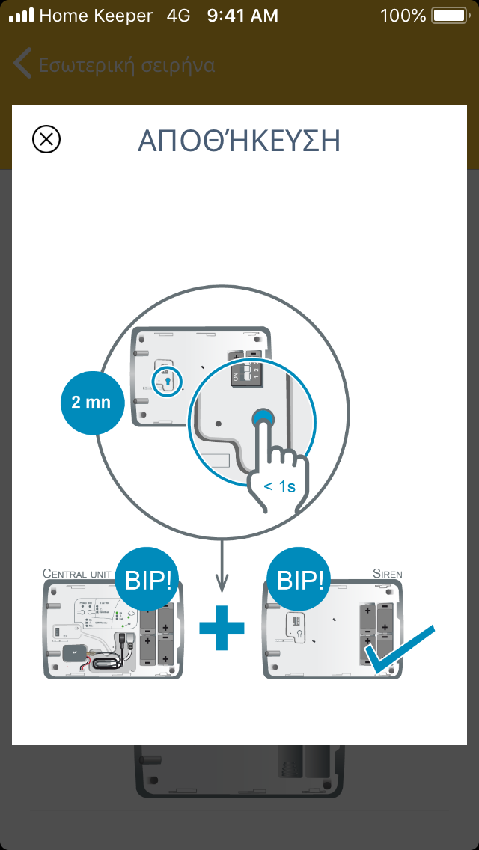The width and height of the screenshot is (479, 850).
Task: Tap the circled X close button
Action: (x=46, y=139)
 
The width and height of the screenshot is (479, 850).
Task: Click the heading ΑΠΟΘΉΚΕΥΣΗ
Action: (x=239, y=141)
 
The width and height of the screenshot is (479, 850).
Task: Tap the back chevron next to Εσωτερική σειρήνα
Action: (x=22, y=64)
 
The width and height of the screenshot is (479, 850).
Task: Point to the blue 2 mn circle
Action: (x=91, y=402)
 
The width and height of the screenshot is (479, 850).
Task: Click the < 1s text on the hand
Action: (x=280, y=486)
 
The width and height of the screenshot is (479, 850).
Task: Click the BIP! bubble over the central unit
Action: (x=147, y=581)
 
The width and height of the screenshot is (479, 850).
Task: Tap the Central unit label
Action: (x=77, y=575)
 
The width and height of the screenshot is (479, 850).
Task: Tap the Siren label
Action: (x=388, y=575)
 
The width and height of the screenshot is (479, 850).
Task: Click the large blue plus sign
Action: (x=222, y=628)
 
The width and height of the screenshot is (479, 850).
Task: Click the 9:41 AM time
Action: (x=242, y=16)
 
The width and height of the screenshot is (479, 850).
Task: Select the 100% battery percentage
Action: (x=403, y=16)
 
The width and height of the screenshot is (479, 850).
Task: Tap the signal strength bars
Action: (x=20, y=16)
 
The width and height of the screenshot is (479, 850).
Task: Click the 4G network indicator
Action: (x=180, y=16)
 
